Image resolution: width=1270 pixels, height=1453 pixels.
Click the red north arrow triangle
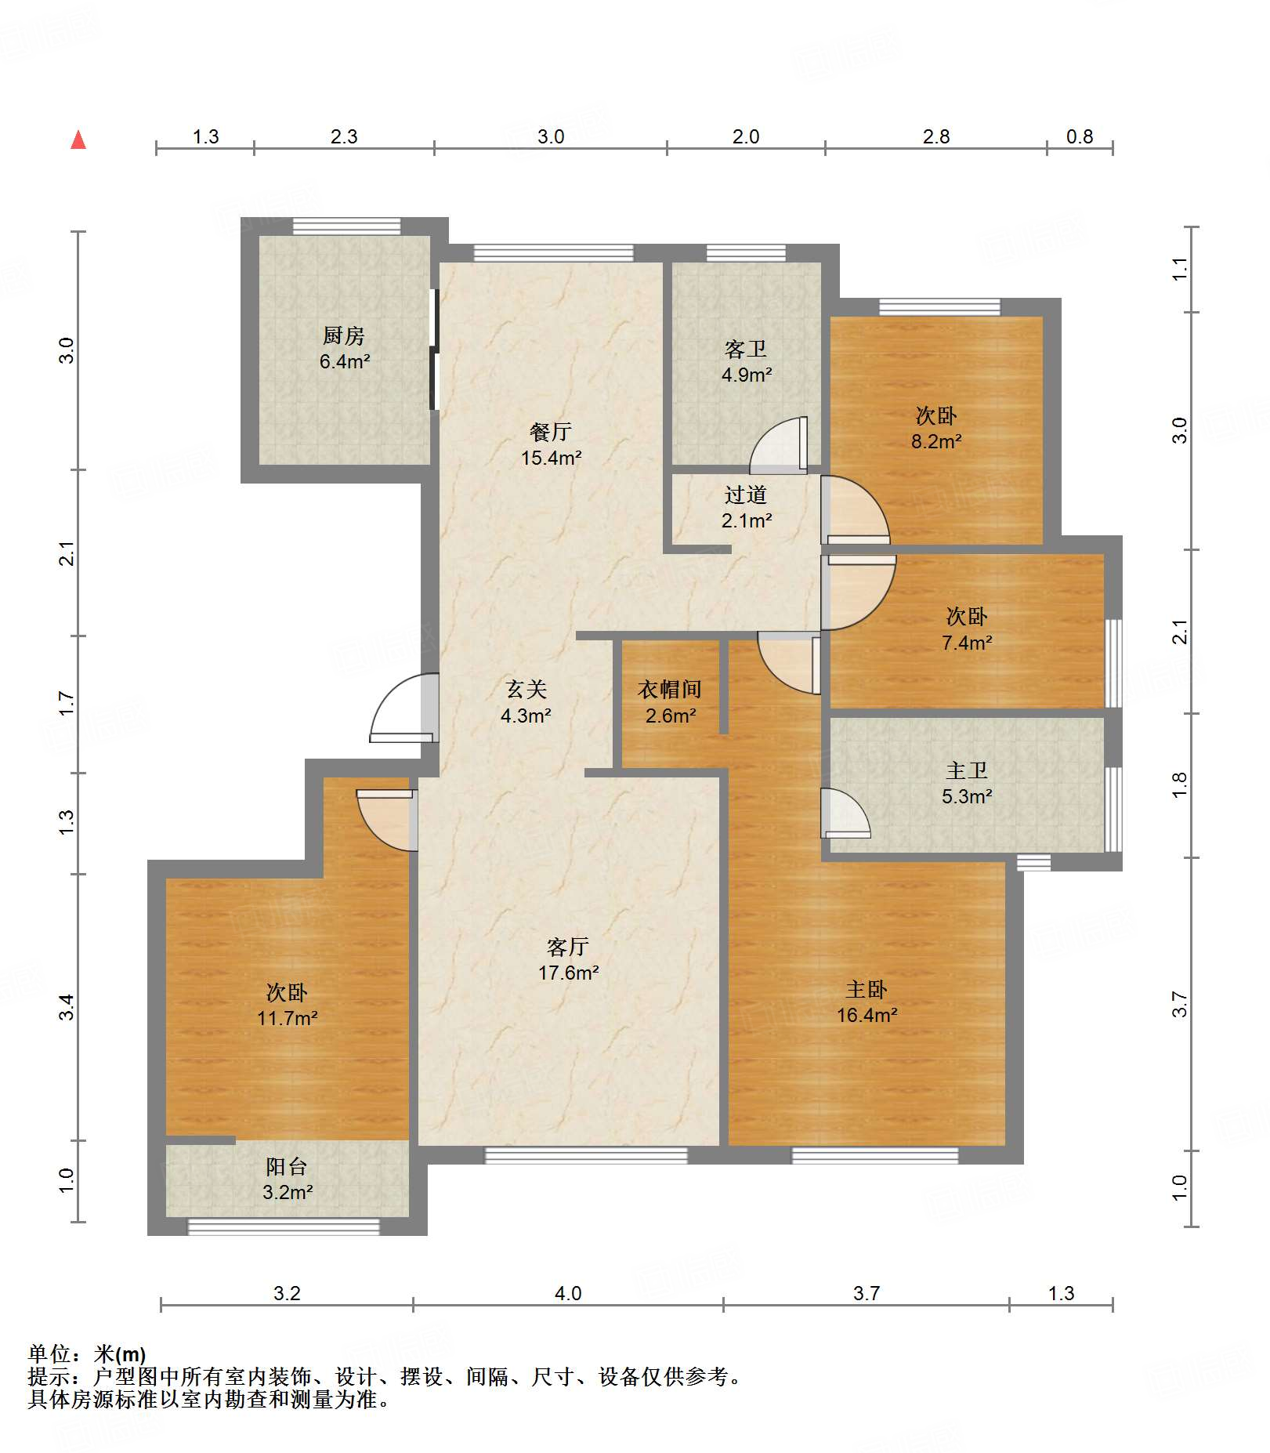(78, 140)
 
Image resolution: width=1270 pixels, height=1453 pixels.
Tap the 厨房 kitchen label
(344, 348)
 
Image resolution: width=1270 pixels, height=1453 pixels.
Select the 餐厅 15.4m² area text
(551, 444)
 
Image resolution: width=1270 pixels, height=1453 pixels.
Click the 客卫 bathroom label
(746, 361)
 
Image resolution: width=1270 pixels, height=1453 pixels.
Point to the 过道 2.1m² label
(746, 507)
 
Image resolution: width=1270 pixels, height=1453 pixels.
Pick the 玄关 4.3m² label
(526, 702)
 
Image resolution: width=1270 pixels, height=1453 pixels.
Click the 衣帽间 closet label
(670, 702)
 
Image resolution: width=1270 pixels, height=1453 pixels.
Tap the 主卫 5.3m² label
(967, 784)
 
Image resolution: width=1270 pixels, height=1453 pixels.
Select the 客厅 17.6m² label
(568, 959)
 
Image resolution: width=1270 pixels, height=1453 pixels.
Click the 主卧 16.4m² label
(867, 1002)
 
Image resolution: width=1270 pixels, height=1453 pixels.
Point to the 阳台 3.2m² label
(287, 1179)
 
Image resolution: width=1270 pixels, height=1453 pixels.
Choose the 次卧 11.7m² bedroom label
(287, 1005)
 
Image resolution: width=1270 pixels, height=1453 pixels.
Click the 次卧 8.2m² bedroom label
(935, 428)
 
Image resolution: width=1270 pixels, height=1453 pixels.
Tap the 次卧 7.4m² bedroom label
(967, 629)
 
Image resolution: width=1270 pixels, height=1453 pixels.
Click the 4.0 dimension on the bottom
(568, 1294)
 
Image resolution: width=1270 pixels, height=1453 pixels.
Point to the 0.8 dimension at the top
(1080, 137)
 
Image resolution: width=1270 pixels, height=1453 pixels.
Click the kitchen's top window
(346, 226)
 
